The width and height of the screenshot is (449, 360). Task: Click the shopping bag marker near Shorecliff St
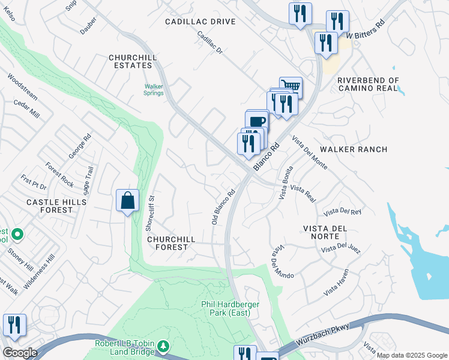(x=128, y=200)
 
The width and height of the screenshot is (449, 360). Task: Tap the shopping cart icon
(x=291, y=86)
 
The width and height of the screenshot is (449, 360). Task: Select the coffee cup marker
(x=257, y=121)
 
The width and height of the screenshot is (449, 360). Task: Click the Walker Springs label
(x=154, y=89)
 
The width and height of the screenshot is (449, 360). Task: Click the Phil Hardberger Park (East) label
(x=230, y=308)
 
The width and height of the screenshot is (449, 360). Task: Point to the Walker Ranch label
(x=354, y=149)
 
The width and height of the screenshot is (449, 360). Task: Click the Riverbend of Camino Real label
(x=368, y=84)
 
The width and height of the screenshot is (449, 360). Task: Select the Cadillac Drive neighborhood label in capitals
(x=200, y=22)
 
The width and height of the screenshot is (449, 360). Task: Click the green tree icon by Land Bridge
(x=163, y=346)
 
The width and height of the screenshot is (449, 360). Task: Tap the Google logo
(x=20, y=353)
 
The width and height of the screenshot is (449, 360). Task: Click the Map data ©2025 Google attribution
(x=412, y=356)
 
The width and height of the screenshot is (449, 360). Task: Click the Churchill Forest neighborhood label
(x=171, y=242)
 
